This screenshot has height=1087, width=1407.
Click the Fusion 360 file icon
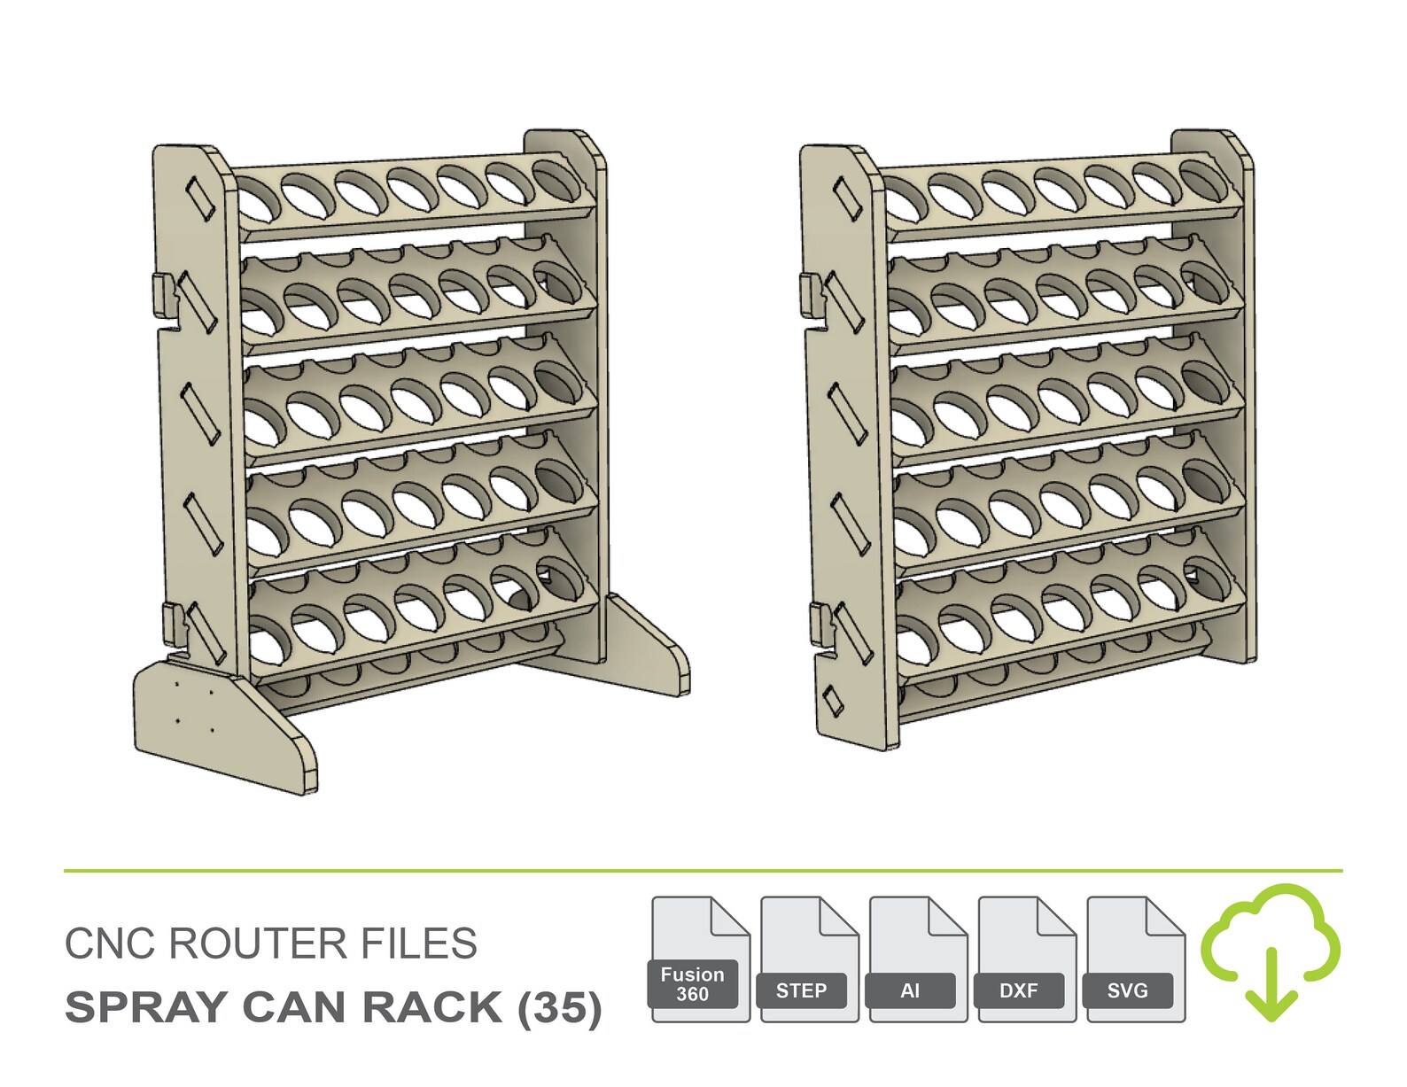click(700, 959)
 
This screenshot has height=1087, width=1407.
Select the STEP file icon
click(809, 959)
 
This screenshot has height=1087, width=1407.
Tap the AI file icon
click(918, 959)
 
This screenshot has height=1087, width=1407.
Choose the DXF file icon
click(1027, 959)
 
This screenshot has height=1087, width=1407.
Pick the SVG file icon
click(1135, 959)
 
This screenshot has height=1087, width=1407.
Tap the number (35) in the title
click(560, 1007)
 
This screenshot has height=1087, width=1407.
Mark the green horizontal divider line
click(703, 871)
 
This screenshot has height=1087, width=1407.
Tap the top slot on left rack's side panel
click(199, 198)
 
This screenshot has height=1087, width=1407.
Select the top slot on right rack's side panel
click(846, 198)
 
